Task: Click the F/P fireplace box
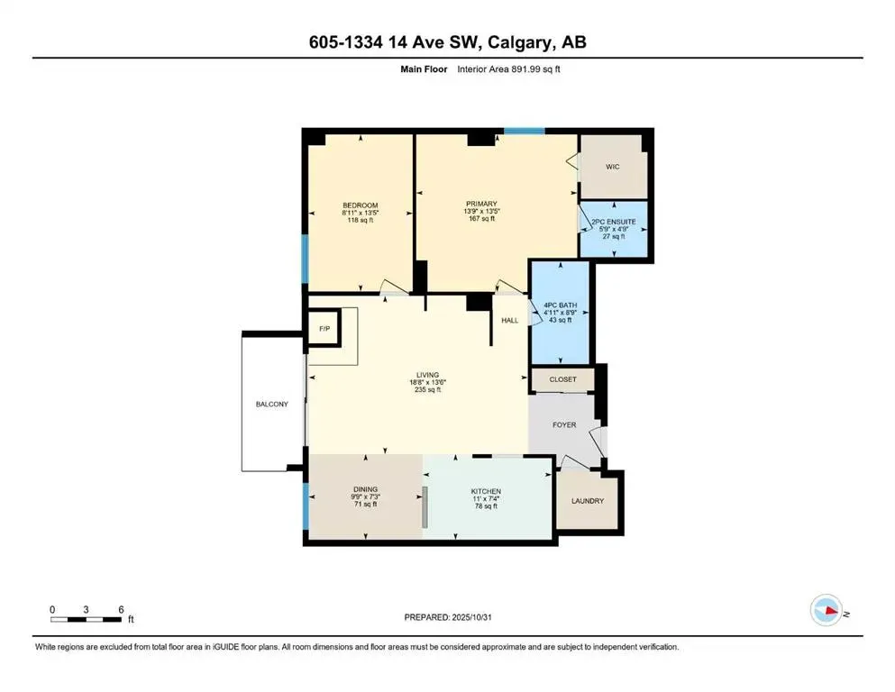click(324, 330)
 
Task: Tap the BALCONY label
click(271, 405)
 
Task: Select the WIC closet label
click(612, 167)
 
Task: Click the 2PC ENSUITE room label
click(615, 222)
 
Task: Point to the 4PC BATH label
click(561, 305)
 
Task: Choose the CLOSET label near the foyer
click(562, 380)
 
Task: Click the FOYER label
click(564, 425)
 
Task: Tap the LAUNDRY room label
click(586, 501)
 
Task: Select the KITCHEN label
click(486, 492)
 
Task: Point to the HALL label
click(510, 320)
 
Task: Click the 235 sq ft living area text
click(427, 390)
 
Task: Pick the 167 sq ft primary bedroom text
click(489, 219)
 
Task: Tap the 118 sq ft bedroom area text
click(360, 220)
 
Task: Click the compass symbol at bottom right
click(826, 610)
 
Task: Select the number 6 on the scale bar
click(120, 609)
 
